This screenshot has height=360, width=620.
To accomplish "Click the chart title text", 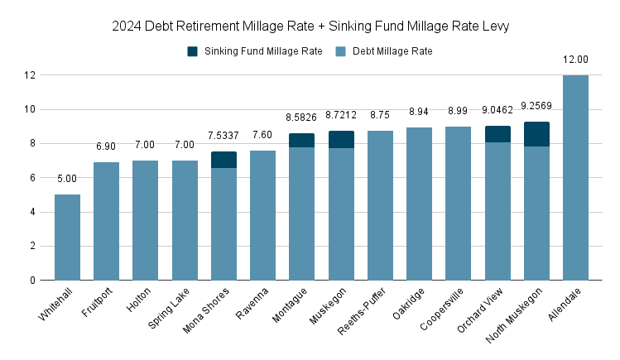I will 310,26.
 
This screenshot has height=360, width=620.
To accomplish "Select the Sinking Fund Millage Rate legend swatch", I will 193,51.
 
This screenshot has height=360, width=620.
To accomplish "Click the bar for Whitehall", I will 67,238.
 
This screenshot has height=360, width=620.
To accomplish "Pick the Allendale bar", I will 575,178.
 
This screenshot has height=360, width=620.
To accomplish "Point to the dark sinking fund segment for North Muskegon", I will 536,134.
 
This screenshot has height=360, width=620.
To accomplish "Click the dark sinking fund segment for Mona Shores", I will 223,160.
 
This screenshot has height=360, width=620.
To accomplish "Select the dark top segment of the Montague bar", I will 301,141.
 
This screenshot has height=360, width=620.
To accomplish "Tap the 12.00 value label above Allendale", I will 575,60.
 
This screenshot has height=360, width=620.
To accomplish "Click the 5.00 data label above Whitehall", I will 67,179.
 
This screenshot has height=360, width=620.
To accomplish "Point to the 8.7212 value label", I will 341,115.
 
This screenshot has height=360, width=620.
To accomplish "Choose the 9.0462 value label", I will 497,109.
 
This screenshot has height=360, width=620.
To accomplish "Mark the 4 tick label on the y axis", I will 32,212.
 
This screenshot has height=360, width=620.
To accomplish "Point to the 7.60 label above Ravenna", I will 262,135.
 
